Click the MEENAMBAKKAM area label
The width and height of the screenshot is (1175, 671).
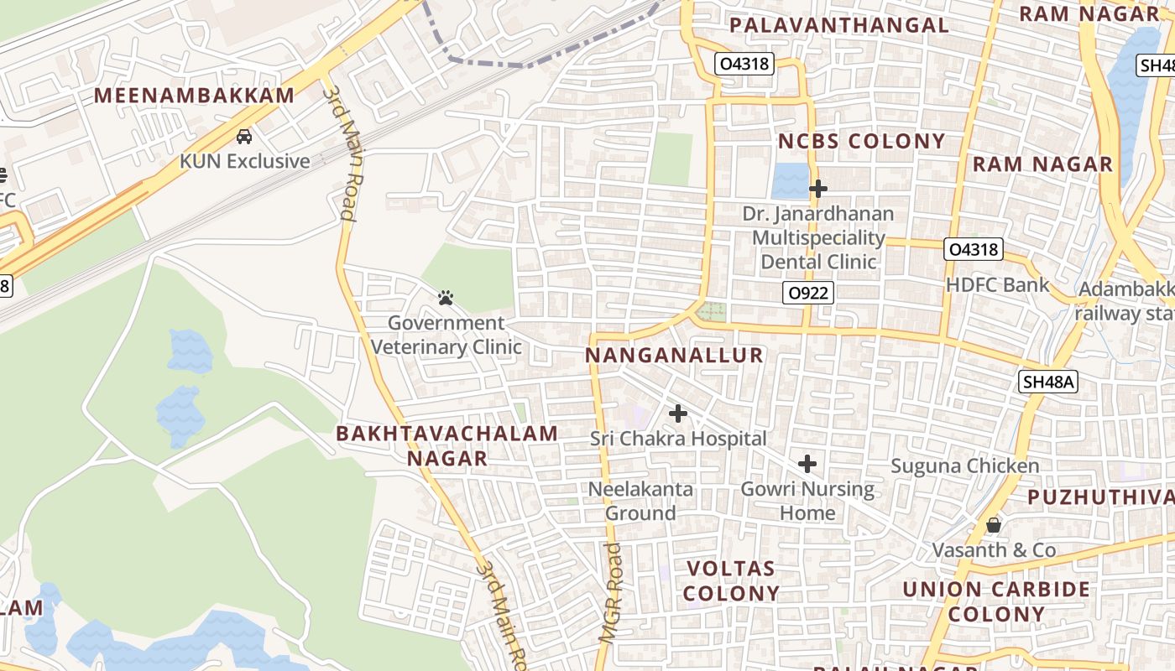[x=194, y=96]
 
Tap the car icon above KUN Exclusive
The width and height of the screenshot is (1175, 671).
[x=244, y=136]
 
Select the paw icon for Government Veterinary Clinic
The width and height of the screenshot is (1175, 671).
[x=446, y=298]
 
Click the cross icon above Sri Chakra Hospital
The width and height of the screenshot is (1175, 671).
[x=678, y=414]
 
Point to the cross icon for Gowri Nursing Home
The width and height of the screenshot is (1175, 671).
[x=807, y=464]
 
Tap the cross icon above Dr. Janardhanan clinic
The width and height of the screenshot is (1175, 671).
[x=818, y=189]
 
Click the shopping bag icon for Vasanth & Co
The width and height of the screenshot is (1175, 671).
[x=994, y=525]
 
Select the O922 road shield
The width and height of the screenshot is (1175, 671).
[x=808, y=293]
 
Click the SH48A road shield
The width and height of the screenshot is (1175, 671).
[x=1048, y=382]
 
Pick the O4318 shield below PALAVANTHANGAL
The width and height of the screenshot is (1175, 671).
[x=744, y=64]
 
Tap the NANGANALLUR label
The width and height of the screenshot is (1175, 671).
[x=674, y=356]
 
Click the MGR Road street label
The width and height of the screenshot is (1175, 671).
[x=613, y=592]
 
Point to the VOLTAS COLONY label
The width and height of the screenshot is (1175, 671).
[x=731, y=580]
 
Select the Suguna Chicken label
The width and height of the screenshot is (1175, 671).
[x=965, y=466]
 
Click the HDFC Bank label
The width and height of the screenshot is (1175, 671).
[x=997, y=285]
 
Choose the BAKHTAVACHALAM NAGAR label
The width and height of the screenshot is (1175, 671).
[x=447, y=445]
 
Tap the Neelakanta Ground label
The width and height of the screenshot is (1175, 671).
[x=640, y=501]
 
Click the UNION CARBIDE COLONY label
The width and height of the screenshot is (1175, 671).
[x=996, y=601]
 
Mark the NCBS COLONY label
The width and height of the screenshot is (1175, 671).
[x=861, y=141]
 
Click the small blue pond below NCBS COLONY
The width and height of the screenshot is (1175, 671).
[x=789, y=179]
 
